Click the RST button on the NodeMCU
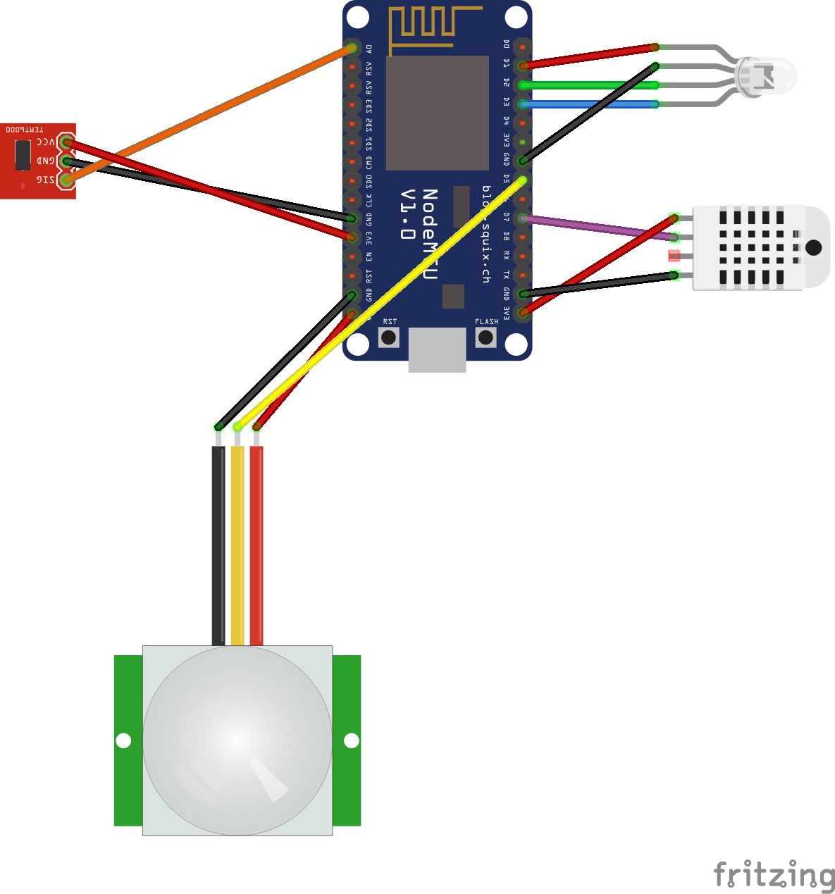click(388, 337)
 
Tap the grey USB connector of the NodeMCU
click(437, 349)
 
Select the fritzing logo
click(774, 875)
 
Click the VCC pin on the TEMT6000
click(66, 142)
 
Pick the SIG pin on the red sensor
click(66, 180)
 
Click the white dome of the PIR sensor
click(237, 740)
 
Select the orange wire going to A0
click(211, 113)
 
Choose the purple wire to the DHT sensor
click(599, 228)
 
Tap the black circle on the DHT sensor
click(813, 247)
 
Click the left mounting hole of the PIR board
click(123, 740)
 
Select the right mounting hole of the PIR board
click(351, 740)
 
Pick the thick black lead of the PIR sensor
click(218, 546)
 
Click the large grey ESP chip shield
click(438, 113)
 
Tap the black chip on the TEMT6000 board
click(23, 154)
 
